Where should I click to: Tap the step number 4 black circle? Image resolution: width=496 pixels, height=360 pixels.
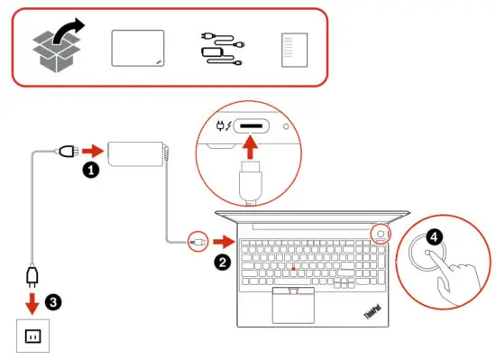coord(435,237)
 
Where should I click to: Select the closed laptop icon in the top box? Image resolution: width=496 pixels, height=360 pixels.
coord(138,47)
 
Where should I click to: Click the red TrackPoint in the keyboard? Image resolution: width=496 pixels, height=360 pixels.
coord(293,269)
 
